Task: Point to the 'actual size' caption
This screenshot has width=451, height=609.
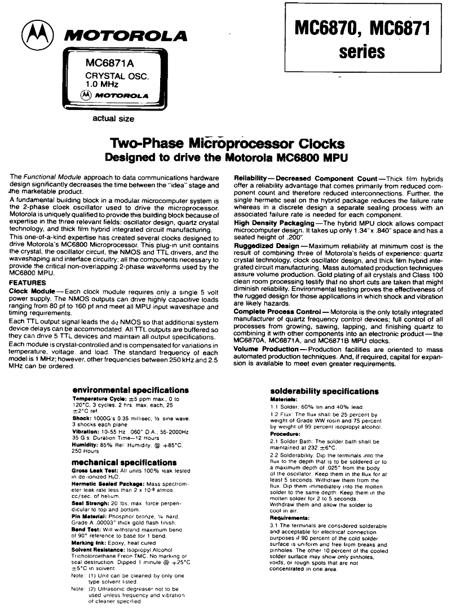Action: pyautogui.click(x=113, y=119)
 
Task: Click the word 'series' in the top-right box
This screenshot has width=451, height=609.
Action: pyautogui.click(x=362, y=52)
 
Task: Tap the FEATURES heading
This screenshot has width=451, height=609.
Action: pyautogui.click(x=28, y=283)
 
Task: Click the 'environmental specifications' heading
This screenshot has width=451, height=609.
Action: pyautogui.click(x=130, y=390)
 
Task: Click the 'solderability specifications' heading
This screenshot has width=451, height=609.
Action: pyautogui.click(x=324, y=391)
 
